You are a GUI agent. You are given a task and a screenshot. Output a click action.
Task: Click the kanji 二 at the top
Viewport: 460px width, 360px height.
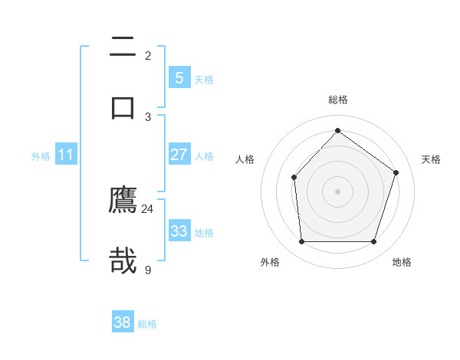tap(123, 47)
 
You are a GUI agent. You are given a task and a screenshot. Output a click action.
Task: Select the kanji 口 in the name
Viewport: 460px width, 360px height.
tap(123, 106)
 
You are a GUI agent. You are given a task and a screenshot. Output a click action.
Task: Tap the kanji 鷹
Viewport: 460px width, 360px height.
tap(123, 200)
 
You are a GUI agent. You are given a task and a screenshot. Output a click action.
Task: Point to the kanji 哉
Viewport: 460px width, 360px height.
tap(123, 260)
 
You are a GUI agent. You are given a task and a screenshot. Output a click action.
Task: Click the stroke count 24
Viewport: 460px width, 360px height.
tap(147, 208)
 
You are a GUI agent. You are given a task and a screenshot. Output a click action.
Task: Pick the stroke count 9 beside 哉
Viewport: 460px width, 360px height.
tap(148, 269)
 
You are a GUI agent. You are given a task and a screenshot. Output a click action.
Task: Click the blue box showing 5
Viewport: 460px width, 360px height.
tap(179, 78)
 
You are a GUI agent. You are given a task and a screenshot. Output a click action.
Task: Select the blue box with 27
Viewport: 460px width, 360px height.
tap(179, 155)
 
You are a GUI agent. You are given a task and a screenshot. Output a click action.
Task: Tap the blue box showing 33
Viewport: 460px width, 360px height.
tap(179, 231)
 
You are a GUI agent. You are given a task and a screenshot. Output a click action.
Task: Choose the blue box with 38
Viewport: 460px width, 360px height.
tap(123, 322)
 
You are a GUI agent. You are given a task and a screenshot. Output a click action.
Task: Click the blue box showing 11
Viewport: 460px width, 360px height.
tap(65, 155)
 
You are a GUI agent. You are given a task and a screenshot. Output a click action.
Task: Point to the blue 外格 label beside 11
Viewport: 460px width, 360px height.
tap(41, 156)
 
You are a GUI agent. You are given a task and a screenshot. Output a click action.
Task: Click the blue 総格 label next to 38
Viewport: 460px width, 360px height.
tap(147, 324)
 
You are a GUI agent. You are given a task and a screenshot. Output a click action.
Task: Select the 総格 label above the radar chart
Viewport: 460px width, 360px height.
tap(337, 100)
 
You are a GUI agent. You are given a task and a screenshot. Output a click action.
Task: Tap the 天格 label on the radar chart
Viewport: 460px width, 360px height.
tap(431, 159)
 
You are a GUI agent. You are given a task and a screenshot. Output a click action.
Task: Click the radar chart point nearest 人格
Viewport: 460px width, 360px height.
tap(294, 178)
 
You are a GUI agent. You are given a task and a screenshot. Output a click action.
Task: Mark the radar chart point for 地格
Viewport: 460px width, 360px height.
tap(373, 241)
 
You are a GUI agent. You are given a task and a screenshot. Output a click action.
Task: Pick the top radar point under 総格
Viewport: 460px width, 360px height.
tap(337, 130)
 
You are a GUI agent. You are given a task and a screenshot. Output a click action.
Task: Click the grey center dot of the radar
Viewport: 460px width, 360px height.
tap(337, 191)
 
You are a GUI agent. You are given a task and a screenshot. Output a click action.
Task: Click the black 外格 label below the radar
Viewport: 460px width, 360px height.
tap(270, 262)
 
